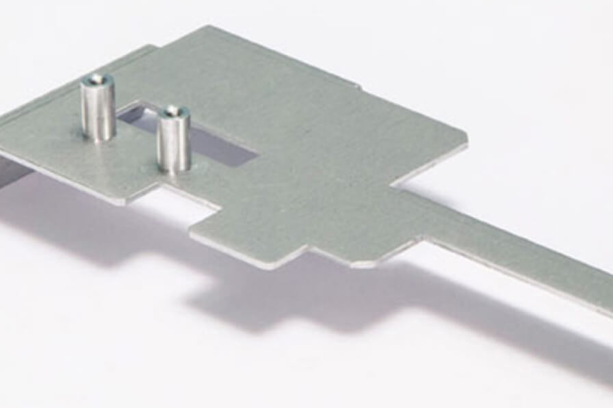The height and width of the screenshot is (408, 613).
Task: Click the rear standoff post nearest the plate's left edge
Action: [x=98, y=110]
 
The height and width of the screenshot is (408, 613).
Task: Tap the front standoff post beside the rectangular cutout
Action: [x=173, y=140]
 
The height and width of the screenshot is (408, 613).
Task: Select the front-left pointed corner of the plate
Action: [x=123, y=202]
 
